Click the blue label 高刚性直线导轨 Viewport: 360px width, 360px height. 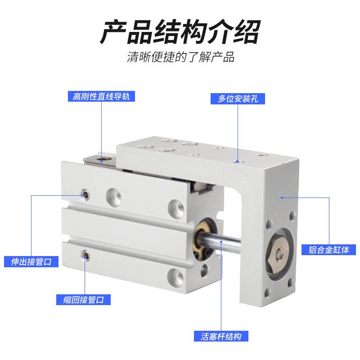click(x=101, y=96)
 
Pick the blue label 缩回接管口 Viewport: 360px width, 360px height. click(x=84, y=299)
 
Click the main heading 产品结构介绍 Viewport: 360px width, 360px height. click(x=180, y=31)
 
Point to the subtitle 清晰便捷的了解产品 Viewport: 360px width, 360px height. click(x=180, y=58)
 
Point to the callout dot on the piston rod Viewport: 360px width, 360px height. click(x=222, y=242)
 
